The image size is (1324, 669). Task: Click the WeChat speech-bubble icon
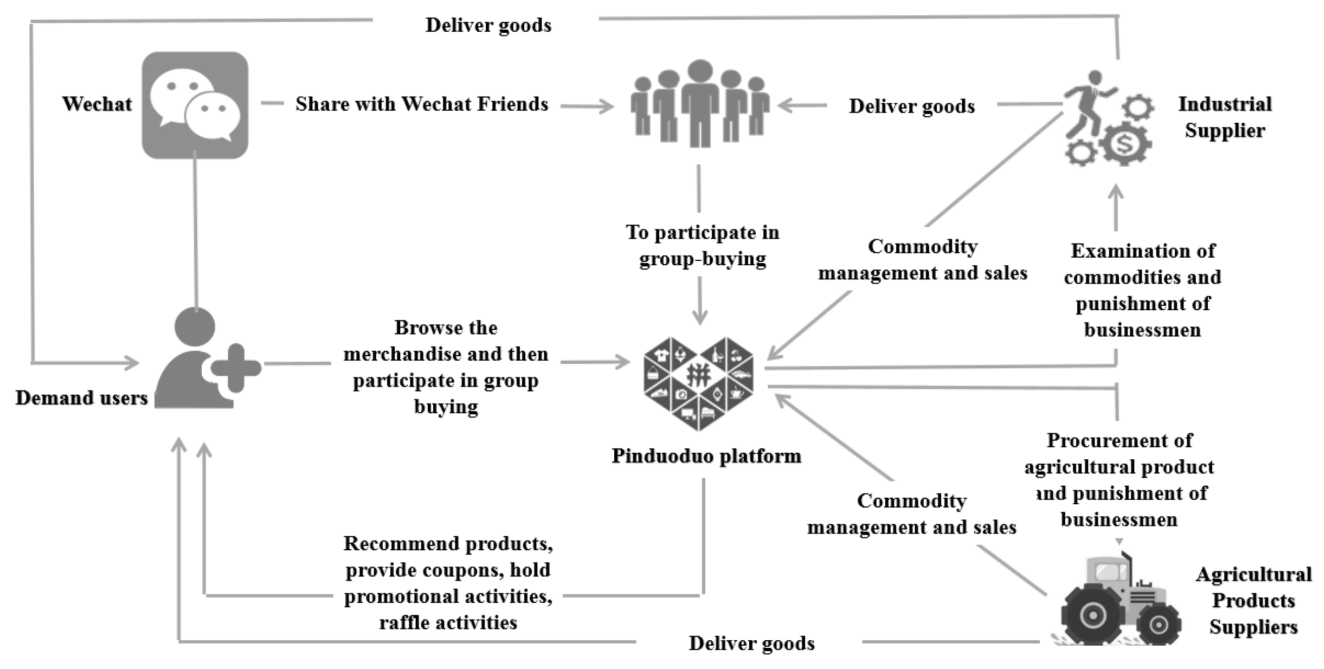[x=195, y=105]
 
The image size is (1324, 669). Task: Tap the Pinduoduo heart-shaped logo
[x=699, y=384]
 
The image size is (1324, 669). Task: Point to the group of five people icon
[x=700, y=105]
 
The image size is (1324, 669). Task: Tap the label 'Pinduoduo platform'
[x=706, y=456]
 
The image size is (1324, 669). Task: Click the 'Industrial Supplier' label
[x=1225, y=117]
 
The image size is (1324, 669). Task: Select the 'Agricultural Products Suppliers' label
[x=1253, y=600]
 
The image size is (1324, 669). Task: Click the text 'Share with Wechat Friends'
[x=422, y=104]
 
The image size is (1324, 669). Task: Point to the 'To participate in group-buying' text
[x=702, y=246]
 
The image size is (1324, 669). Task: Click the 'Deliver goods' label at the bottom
[x=751, y=643]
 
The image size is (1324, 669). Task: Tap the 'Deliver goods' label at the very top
[x=488, y=25]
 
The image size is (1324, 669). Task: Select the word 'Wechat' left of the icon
[x=97, y=104]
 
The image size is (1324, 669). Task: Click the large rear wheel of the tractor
[x=1089, y=615]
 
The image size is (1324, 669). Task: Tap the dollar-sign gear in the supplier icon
[x=1125, y=145]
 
